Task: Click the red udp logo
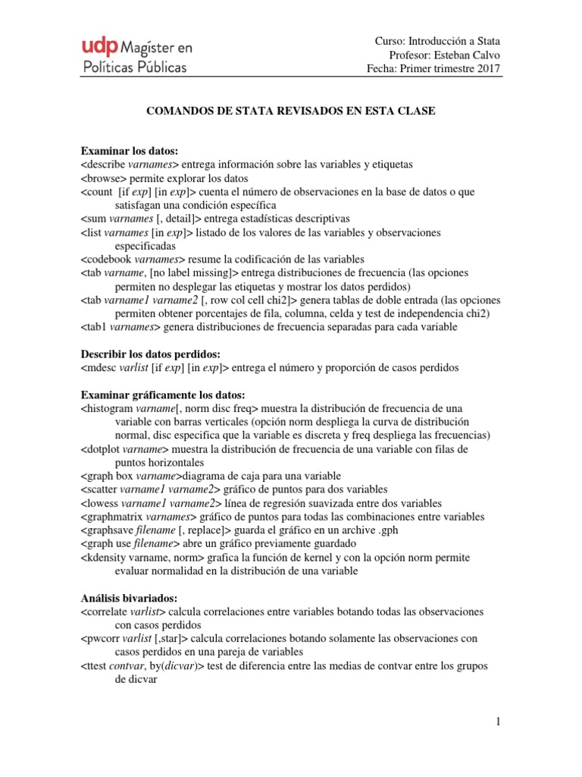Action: click(100, 47)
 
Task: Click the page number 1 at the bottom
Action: click(498, 722)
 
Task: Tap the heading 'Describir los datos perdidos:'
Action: click(151, 354)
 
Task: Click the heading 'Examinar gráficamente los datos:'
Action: click(163, 395)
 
